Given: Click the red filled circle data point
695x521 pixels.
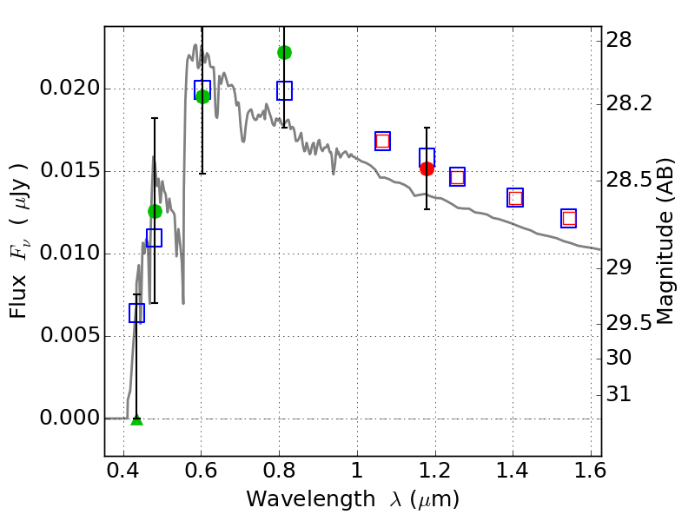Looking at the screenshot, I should point(427,168).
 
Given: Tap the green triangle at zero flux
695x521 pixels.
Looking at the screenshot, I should point(136,419).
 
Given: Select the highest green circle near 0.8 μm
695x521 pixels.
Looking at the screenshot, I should point(284,52).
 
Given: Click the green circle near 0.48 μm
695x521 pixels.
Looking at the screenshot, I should point(155,211).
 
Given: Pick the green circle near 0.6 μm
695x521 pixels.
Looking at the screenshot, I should point(202,96).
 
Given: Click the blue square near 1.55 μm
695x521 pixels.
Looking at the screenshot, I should point(569,218).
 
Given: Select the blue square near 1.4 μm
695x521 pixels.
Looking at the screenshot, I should point(515,197).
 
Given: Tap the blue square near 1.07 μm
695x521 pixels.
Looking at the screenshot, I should point(382,141).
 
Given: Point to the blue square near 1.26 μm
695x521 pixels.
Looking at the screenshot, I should point(457,176).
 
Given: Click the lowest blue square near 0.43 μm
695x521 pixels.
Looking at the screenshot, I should point(136,313).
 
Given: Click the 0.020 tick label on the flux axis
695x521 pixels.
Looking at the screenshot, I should point(70,89).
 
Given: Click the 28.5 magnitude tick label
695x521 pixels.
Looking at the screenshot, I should point(631,181).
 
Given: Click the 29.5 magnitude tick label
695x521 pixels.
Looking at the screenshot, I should point(631,323).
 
